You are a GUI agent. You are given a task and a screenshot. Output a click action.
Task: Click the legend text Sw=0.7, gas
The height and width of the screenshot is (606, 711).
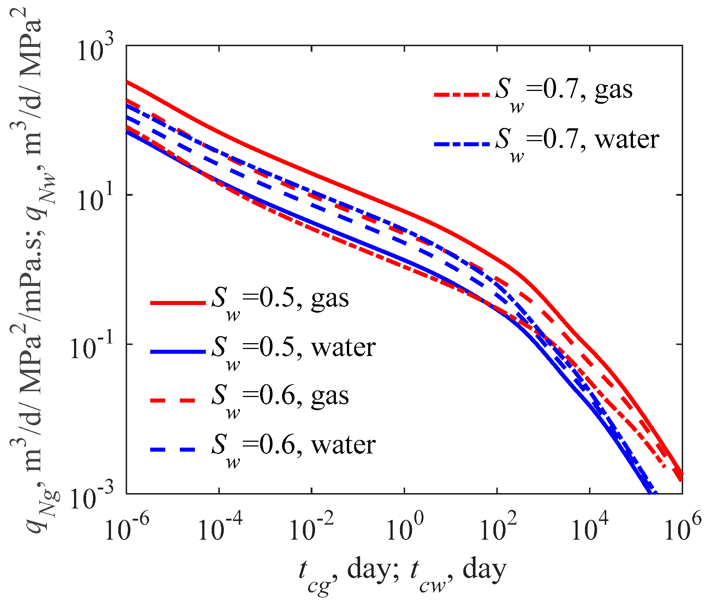coord(563,92)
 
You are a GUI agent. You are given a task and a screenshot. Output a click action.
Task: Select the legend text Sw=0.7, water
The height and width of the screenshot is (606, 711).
coord(577,142)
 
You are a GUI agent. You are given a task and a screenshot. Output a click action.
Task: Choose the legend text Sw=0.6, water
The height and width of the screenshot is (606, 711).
coord(293,447)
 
